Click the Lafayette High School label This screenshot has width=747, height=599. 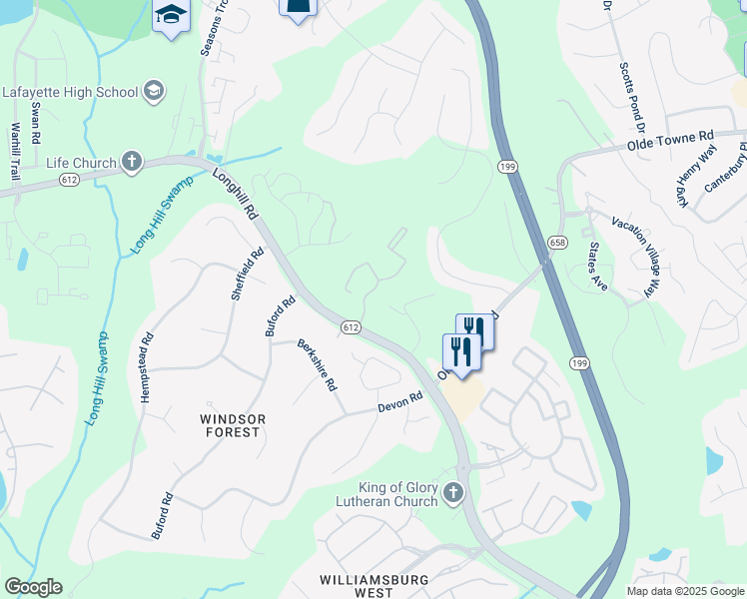(x=69, y=92)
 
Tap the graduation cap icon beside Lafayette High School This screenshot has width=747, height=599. (x=153, y=92)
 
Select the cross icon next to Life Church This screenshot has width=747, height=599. (x=131, y=162)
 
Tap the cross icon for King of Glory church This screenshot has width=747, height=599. (x=453, y=493)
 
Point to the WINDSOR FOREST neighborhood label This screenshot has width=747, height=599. (x=230, y=425)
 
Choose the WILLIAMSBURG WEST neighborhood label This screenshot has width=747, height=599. (x=373, y=586)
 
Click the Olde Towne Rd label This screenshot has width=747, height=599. (x=671, y=141)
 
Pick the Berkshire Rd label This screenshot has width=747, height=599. (x=318, y=366)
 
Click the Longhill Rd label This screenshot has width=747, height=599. (x=236, y=193)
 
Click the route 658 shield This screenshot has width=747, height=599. (x=557, y=243)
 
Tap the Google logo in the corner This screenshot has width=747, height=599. (x=33, y=587)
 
